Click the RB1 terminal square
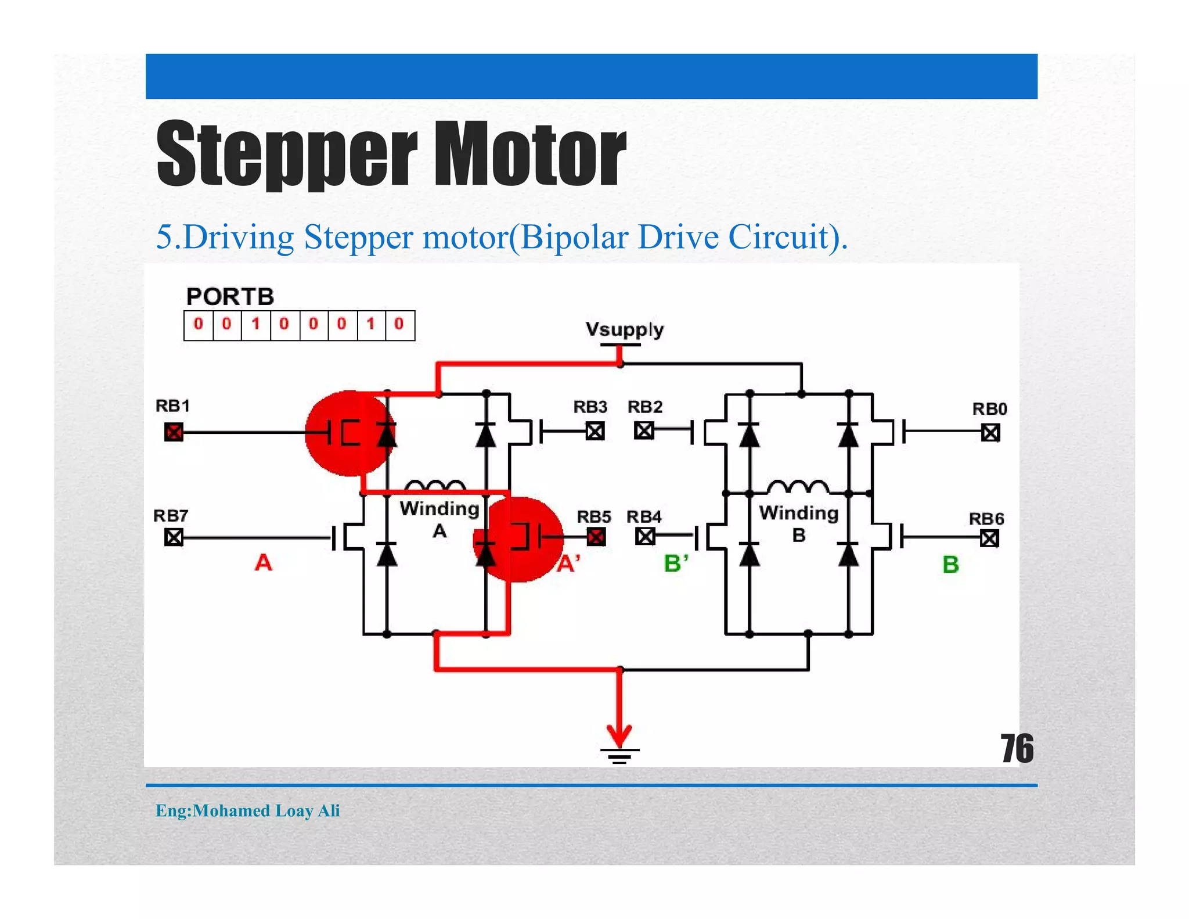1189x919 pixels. tap(174, 432)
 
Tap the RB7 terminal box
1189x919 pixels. tap(174, 537)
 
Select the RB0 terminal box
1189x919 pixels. tap(990, 432)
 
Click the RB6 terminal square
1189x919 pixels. tap(989, 539)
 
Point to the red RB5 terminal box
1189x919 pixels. tap(596, 537)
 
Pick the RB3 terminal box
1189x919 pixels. tap(595, 431)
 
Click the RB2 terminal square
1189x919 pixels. tap(644, 430)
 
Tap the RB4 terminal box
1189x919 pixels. tap(644, 536)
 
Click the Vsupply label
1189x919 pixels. tap(624, 329)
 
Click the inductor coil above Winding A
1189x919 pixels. tap(435, 486)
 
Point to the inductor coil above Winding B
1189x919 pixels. tap(798, 486)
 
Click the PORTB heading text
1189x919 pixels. tap(230, 297)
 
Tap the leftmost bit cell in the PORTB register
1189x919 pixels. tap(199, 325)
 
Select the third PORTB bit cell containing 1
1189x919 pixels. tap(255, 325)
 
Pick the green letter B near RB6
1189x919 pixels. tap(950, 565)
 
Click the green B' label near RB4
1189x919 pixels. tap(676, 563)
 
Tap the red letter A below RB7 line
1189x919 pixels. tap(263, 562)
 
